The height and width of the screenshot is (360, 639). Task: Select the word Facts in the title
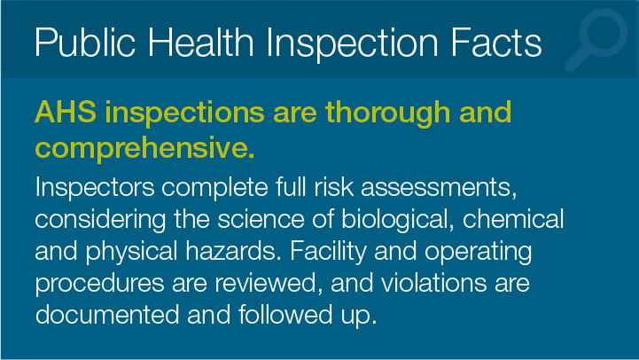496,42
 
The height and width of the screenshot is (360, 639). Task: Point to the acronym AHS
66,112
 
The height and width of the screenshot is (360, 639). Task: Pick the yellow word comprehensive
145,147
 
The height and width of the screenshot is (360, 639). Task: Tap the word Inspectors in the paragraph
95,188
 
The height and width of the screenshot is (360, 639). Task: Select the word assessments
439,188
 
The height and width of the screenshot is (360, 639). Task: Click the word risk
334,187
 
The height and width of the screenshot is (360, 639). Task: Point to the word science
261,219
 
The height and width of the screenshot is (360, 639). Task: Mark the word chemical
513,219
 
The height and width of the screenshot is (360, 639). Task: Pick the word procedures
99,284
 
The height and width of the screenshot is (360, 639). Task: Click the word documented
107,315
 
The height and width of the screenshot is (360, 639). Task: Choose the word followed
285,315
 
